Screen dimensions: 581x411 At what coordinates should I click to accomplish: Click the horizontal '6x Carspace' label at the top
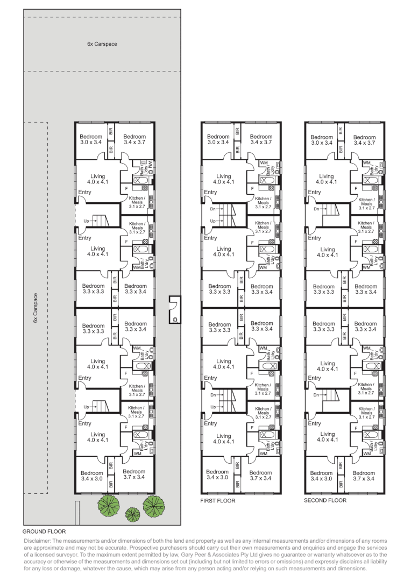pos(102,44)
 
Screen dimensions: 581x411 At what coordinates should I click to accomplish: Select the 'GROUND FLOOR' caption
pos(44,531)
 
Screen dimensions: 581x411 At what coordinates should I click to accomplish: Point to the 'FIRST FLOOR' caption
pos(218,500)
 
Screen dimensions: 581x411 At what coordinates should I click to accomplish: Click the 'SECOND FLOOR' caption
pos(325,500)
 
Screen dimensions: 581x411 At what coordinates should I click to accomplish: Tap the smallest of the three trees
pos(131,513)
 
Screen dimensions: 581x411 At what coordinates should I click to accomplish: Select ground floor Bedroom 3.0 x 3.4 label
pos(91,140)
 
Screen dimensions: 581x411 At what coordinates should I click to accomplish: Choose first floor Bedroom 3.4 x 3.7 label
pos(261,140)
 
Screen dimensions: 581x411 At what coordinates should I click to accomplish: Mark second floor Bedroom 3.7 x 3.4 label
pos(364,476)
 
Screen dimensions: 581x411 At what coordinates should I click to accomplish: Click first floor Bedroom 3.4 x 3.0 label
pos(218,476)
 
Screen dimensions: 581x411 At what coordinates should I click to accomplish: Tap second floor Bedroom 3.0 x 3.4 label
pos(322,140)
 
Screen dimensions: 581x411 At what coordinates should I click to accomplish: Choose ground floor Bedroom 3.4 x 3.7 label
pos(134,140)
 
